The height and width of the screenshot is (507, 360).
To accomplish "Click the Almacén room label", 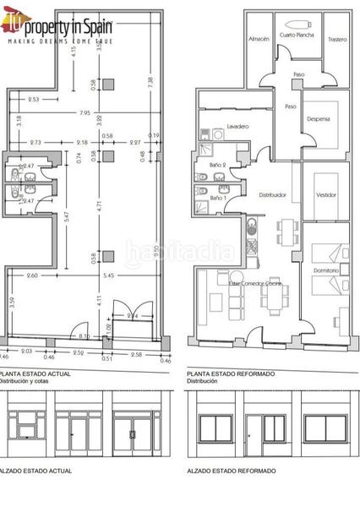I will click(x=259, y=39).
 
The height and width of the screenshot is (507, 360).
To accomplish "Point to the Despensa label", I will click(x=319, y=119).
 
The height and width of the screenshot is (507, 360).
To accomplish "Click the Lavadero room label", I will click(x=237, y=126).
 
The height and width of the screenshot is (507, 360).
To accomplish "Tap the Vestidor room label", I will click(x=325, y=194).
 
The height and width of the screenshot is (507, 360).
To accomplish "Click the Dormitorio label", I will click(x=325, y=270).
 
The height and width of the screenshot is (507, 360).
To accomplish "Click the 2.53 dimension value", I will click(x=34, y=100).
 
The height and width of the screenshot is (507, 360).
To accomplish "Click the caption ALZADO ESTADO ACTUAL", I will click(x=34, y=470).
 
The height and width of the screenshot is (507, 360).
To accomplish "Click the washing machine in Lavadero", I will click(x=219, y=134).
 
